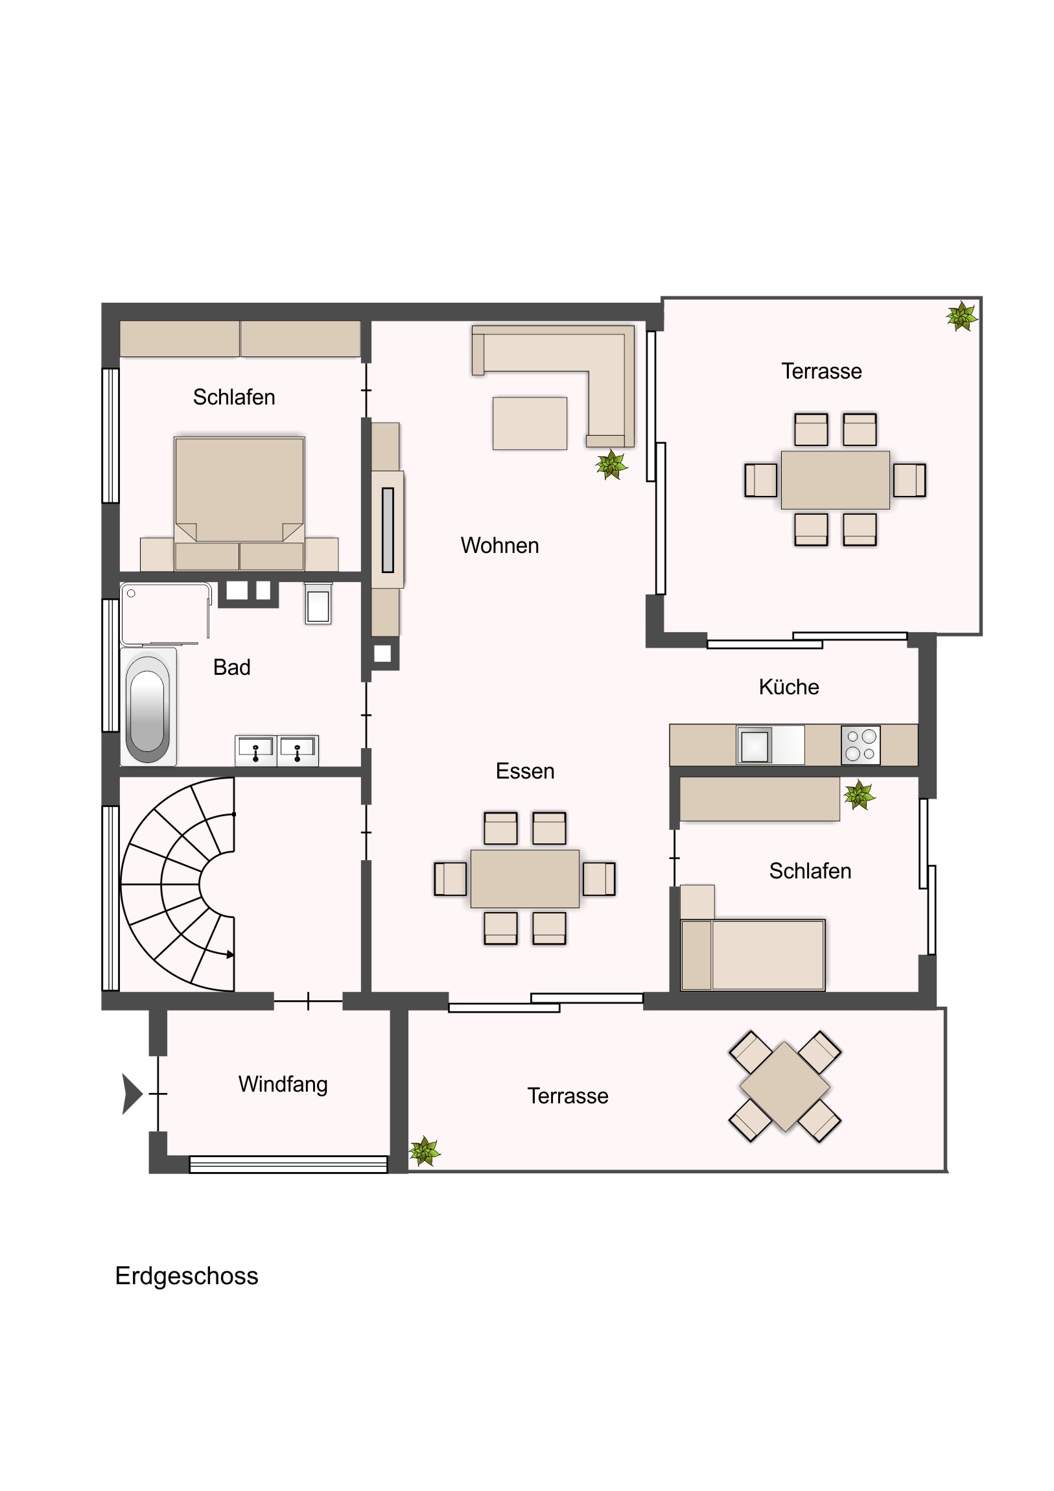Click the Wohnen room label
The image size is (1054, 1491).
[x=499, y=545]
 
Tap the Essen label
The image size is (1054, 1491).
[x=524, y=771]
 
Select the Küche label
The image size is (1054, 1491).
[x=788, y=687]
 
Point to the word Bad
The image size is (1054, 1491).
[x=232, y=667]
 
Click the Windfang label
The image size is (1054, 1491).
[x=283, y=1085]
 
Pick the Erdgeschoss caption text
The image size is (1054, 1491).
[x=187, y=1276]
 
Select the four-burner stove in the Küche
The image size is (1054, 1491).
[x=860, y=745]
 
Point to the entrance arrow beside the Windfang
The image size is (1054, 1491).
[x=132, y=1094]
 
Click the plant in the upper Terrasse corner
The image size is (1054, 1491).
[x=962, y=317]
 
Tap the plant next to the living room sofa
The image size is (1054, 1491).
[x=611, y=465]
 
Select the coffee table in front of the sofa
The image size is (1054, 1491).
[x=530, y=423]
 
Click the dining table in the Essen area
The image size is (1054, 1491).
[x=524, y=878]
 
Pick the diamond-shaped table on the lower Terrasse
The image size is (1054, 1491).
[x=785, y=1086]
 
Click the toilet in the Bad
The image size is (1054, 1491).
[x=318, y=604]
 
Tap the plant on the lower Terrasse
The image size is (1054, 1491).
[x=425, y=1151]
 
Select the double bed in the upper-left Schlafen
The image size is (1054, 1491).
[x=239, y=504]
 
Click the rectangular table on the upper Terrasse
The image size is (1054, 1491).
[x=835, y=480]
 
